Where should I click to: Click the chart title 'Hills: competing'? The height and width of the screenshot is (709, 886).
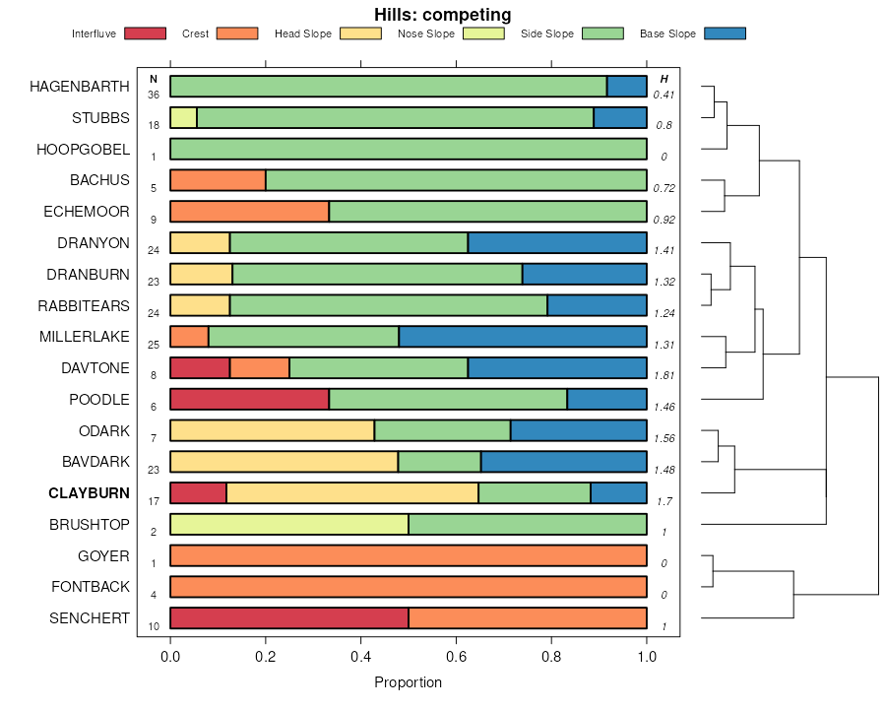tap(443, 15)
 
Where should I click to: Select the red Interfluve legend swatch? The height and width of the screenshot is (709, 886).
tap(145, 33)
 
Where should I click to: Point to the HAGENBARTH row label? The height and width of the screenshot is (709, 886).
tap(80, 87)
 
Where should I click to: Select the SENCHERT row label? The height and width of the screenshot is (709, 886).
tap(89, 618)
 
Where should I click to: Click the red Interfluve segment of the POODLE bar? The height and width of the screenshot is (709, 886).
tap(249, 399)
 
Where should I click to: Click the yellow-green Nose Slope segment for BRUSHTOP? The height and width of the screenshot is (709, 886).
tap(289, 524)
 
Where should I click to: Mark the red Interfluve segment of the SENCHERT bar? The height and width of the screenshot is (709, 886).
tap(289, 618)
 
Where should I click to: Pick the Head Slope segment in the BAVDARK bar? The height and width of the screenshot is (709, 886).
tap(285, 462)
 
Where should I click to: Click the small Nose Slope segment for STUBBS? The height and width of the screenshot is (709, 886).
tap(183, 118)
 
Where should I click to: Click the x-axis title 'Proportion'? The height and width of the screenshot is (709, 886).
tap(409, 682)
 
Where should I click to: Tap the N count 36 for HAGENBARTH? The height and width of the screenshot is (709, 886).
tap(154, 95)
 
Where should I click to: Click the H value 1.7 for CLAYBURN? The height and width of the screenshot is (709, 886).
tap(664, 501)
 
